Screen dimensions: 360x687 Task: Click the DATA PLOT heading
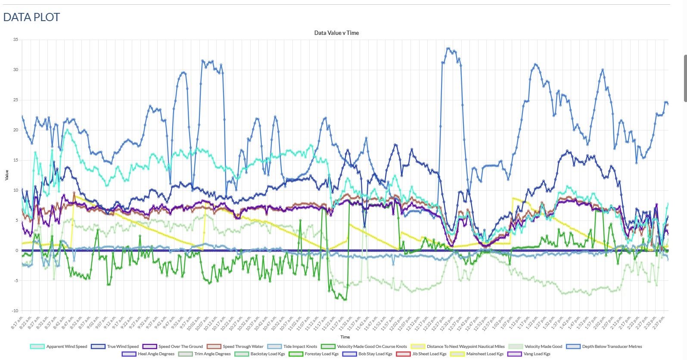(x=31, y=17)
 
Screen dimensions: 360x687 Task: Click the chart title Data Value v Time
(x=336, y=33)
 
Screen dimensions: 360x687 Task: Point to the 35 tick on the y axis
(x=16, y=40)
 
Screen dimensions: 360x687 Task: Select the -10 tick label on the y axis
(x=15, y=310)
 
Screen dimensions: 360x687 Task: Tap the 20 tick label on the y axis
(x=16, y=130)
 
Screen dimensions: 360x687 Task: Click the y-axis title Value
(x=6, y=175)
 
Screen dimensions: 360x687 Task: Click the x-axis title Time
(x=345, y=337)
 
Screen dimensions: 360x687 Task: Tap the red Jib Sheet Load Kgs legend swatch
(x=403, y=354)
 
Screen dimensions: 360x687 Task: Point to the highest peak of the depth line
(x=448, y=48)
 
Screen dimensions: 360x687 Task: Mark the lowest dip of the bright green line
(x=345, y=299)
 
